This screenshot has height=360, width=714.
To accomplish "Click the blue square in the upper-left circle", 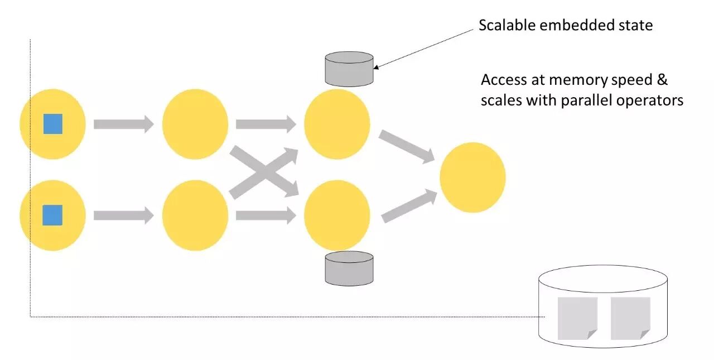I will pyautogui.click(x=53, y=124).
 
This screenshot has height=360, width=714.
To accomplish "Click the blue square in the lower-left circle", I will pyautogui.click(x=53, y=215).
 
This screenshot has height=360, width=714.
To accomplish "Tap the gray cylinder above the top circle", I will pyautogui.click(x=349, y=69).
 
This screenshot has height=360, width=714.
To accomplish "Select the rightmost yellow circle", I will pyautogui.click(x=472, y=177).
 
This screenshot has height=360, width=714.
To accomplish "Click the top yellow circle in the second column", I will pyautogui.click(x=195, y=124).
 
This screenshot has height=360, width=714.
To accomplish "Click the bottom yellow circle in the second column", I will pyautogui.click(x=195, y=215).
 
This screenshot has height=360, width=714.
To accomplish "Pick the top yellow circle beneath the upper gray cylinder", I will pyautogui.click(x=337, y=124).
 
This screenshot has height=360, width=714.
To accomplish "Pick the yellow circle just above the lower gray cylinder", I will pyautogui.click(x=337, y=215).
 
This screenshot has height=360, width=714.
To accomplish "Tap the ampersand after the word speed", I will pyautogui.click(x=662, y=80).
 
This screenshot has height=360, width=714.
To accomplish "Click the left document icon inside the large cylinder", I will pyautogui.click(x=577, y=318).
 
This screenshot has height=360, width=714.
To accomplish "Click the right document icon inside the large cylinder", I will pyautogui.click(x=630, y=318).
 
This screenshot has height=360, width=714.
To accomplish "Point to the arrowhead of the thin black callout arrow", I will pyautogui.click(x=375, y=68).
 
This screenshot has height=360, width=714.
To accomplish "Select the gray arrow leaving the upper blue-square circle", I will pyautogui.click(x=123, y=124).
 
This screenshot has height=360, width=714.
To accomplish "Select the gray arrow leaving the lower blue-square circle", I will pyautogui.click(x=123, y=215).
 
